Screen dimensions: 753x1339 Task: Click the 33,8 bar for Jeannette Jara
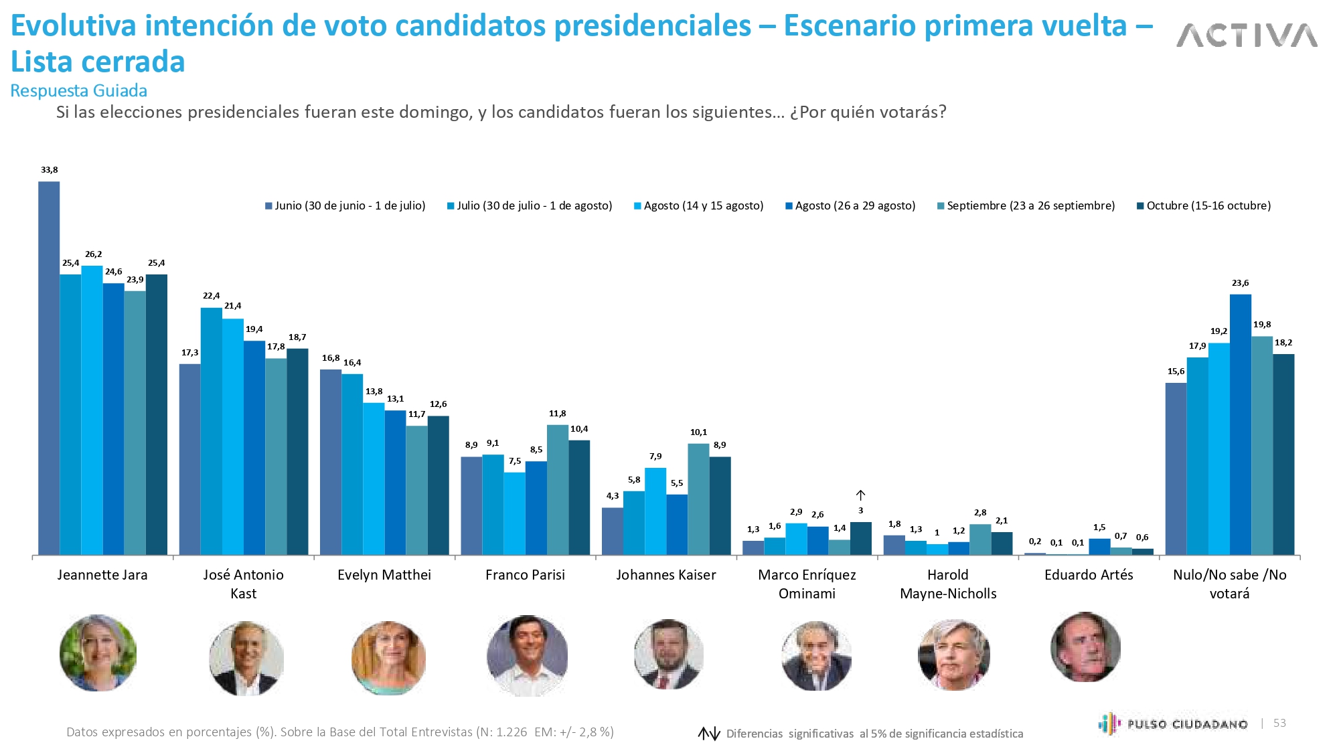point(49,368)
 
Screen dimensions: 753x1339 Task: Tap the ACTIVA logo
point(1247,35)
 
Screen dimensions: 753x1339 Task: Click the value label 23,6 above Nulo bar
point(1240,283)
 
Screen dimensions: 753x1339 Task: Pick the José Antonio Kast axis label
point(243,584)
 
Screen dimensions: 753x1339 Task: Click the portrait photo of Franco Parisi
point(527,655)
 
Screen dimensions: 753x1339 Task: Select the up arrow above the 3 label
point(861,495)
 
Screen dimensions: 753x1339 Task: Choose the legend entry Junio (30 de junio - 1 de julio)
point(345,206)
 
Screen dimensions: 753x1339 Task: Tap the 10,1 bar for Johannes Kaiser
point(698,499)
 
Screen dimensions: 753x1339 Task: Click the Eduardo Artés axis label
point(1089,575)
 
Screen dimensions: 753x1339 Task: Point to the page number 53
point(1279,723)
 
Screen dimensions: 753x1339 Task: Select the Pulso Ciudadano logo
point(1173,724)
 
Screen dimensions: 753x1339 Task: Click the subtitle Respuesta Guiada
point(79,91)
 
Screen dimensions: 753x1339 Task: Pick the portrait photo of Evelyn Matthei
point(388,657)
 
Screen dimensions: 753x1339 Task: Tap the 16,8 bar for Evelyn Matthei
point(331,462)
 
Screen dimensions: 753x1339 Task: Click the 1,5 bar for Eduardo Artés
point(1099,547)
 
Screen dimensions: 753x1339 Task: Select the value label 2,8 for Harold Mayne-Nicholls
point(980,513)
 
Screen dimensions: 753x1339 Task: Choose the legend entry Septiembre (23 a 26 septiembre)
point(1026,206)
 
